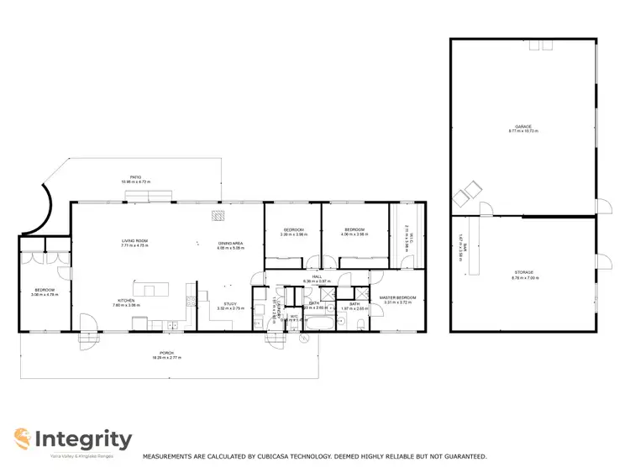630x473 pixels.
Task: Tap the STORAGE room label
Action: [x=525, y=272]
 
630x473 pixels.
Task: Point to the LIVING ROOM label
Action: [x=134, y=241]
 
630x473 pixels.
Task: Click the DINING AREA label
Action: [x=230, y=244]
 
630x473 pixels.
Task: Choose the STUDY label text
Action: [x=229, y=304]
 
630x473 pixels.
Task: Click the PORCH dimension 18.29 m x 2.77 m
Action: [x=169, y=358]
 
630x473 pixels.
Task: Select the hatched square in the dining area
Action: [x=218, y=217]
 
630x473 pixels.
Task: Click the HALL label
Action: [x=317, y=276]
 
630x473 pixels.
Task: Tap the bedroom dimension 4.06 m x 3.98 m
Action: [x=355, y=234]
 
